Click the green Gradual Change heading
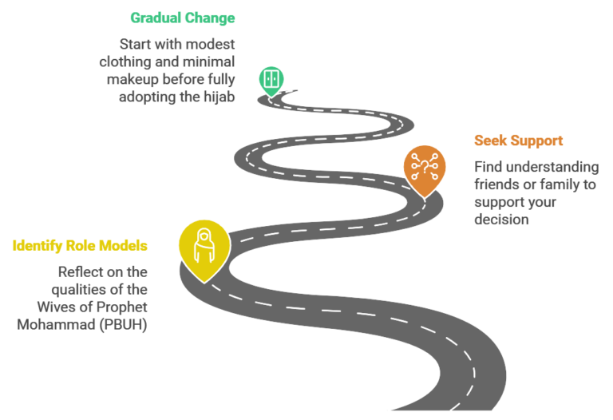pos(183,18)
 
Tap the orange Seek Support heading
pos(518,141)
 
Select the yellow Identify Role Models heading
pos(80,245)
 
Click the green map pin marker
pos(271,79)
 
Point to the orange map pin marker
pos(424,170)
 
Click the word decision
pos(501,219)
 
